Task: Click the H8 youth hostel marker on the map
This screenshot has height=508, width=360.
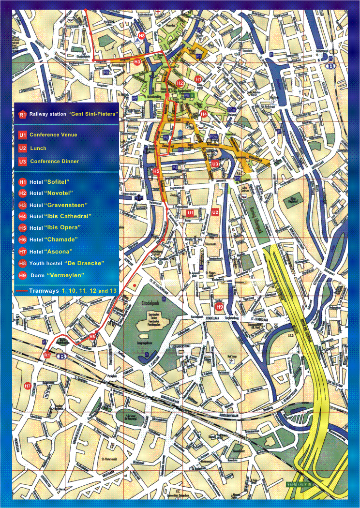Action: pyautogui.click(x=141, y=36)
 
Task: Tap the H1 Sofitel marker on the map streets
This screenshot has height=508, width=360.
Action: pyautogui.click(x=197, y=78)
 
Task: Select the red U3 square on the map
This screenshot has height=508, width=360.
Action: pyautogui.click(x=215, y=164)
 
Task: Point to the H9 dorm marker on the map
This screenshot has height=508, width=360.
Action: pyautogui.click(x=219, y=306)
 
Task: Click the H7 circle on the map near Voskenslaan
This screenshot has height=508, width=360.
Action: pyautogui.click(x=28, y=386)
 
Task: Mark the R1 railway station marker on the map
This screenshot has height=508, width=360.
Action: pyautogui.click(x=47, y=355)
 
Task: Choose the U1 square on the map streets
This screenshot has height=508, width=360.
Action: pyautogui.click(x=190, y=213)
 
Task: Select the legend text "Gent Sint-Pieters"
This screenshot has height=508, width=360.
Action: pyautogui.click(x=93, y=114)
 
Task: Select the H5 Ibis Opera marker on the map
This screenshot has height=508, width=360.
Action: pyautogui.click(x=156, y=171)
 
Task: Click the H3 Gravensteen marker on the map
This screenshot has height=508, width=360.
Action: pyautogui.click(x=137, y=62)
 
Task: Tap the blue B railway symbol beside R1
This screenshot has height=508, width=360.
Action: pyautogui.click(x=62, y=357)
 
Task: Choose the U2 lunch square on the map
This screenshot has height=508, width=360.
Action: pyautogui.click(x=215, y=213)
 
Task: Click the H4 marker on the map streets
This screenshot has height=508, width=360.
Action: pyautogui.click(x=204, y=114)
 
